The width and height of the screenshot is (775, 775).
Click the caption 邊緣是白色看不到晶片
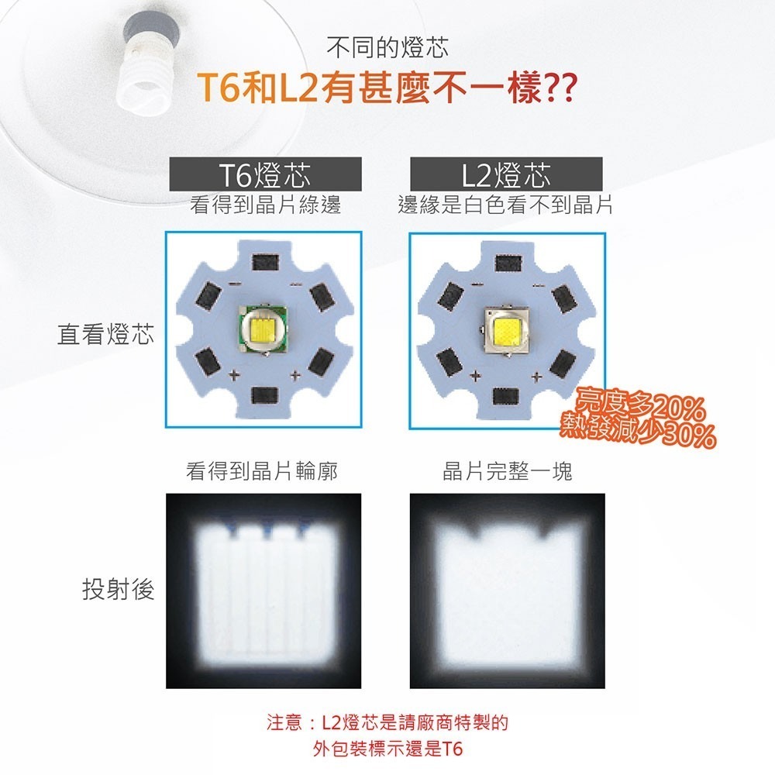click(x=505, y=205)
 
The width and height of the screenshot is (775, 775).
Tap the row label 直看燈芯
click(x=106, y=335)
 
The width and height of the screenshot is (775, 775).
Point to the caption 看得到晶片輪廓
click(x=262, y=471)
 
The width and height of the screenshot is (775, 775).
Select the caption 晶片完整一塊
click(x=507, y=471)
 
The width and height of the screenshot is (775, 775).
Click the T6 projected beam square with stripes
click(x=263, y=591)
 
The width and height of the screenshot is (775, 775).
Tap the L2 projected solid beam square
click(x=507, y=591)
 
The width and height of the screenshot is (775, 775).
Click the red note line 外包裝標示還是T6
click(x=387, y=749)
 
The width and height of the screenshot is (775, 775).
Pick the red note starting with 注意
click(x=387, y=724)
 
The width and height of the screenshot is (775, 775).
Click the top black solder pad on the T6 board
click(x=263, y=260)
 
